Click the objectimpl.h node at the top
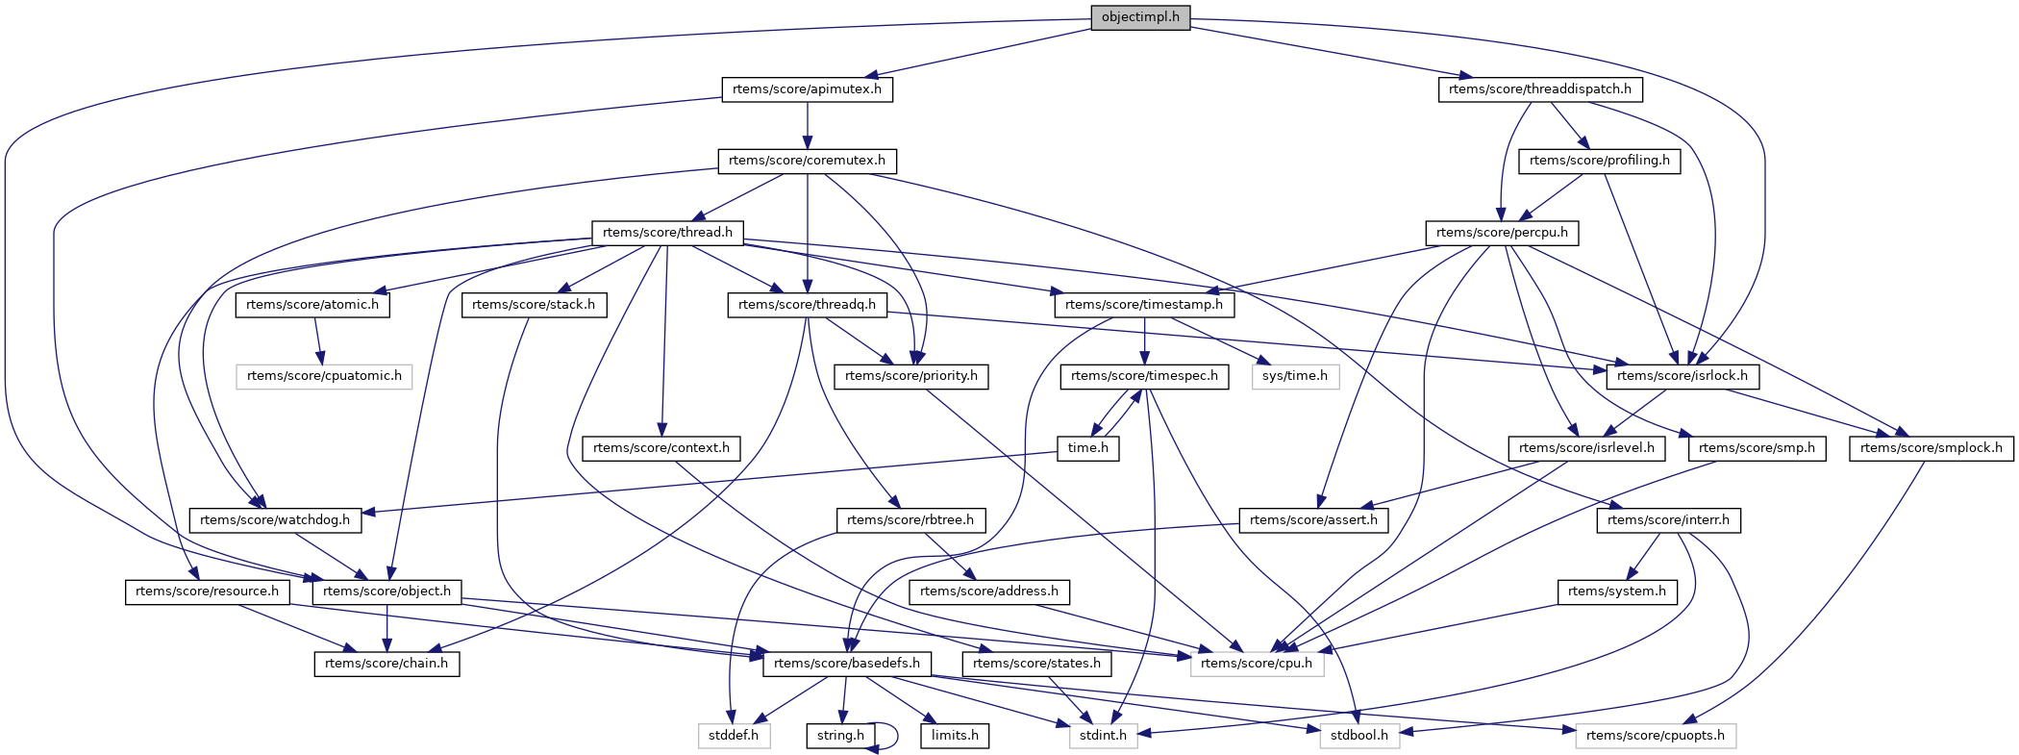1140,17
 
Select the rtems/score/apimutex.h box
807,89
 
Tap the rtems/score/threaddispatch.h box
1539,89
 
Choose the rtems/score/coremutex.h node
807,161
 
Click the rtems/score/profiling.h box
1599,161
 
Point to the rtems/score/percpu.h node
1501,233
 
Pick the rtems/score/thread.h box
667,233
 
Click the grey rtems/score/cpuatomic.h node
324,376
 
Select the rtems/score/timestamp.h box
1144,305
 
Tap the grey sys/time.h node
1294,376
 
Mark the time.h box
1088,448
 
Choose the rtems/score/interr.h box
1667,520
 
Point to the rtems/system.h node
1616,591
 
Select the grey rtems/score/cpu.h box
1257,664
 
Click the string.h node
840,736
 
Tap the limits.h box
955,736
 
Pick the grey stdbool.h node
1358,736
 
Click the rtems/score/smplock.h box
1931,448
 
